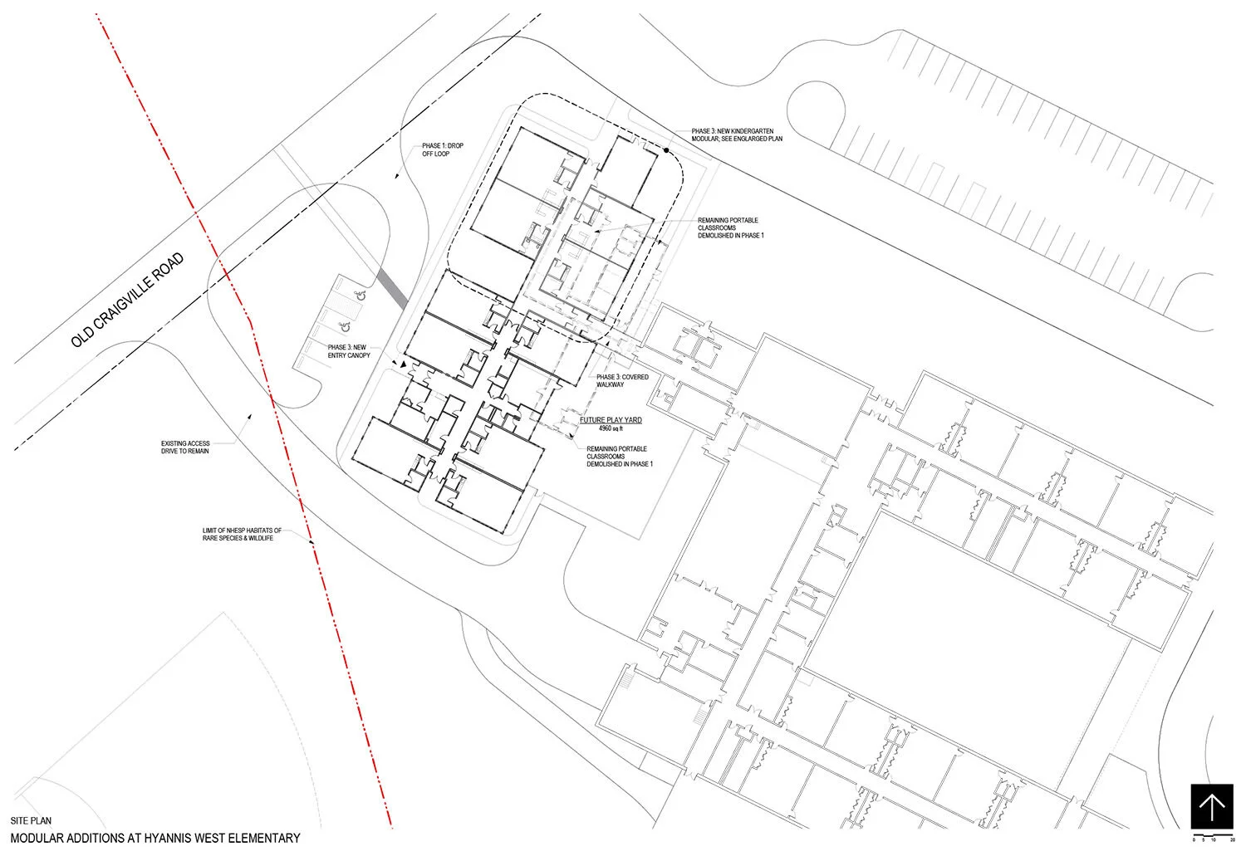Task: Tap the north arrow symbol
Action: (1211, 806)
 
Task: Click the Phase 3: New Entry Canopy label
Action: (349, 351)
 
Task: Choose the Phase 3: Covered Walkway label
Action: (622, 381)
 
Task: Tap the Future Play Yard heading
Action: (611, 420)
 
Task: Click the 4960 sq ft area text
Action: (611, 429)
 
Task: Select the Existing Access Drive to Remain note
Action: (185, 447)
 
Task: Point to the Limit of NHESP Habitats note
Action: (242, 534)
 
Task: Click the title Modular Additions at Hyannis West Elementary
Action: (155, 839)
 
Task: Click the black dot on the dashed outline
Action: (667, 150)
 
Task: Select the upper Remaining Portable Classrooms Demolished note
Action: (730, 228)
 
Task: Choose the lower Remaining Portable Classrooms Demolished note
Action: (619, 457)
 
